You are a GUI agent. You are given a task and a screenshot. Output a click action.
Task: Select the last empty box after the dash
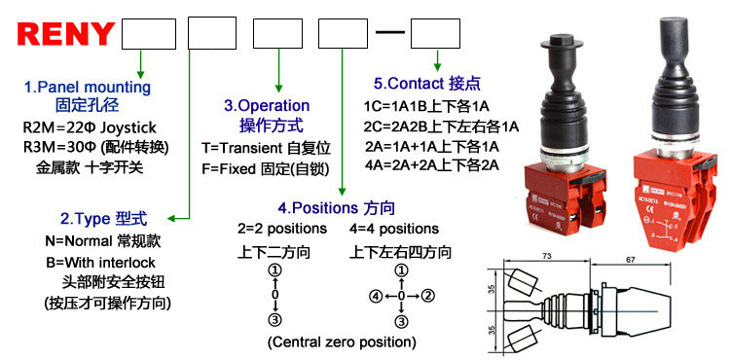(x=434, y=38)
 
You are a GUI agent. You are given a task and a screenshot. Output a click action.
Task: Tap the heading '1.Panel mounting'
(x=88, y=88)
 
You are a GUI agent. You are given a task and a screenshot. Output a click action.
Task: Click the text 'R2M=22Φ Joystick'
(x=90, y=127)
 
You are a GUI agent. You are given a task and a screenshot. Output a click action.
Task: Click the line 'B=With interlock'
(x=100, y=263)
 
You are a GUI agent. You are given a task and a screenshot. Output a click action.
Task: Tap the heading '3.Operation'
(x=267, y=105)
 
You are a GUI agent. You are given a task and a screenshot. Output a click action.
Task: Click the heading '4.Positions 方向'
(x=336, y=208)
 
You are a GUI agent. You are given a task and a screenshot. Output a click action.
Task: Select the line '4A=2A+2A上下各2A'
(x=431, y=164)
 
